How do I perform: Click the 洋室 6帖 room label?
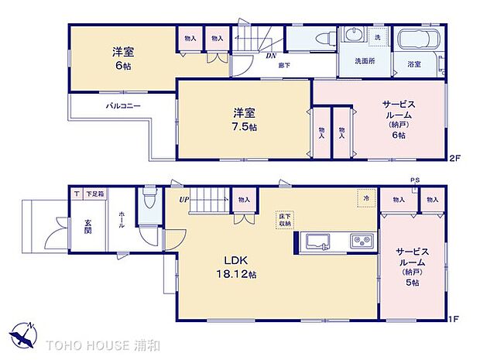coord(122,59)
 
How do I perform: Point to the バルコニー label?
coord(122,106)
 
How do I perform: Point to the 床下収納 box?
coord(284,220)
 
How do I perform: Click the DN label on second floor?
coord(272,56)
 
